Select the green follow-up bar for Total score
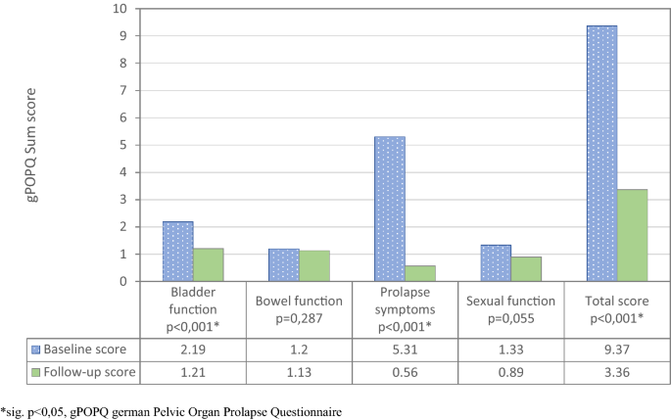632,235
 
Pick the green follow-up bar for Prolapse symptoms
420,273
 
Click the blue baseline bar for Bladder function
177,252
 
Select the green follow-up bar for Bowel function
314,265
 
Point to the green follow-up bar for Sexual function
526,269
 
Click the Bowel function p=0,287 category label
299,309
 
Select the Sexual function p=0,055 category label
511,309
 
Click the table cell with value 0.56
405,373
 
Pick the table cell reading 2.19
193,350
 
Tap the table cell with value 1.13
299,373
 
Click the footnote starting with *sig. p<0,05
171,412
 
